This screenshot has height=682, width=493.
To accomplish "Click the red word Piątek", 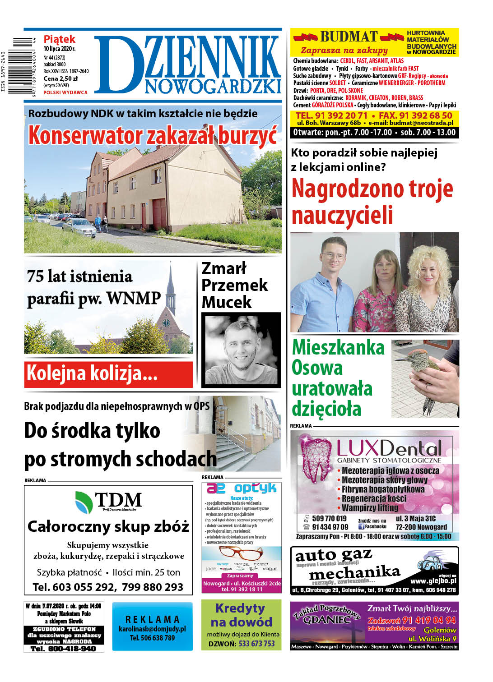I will [x=59, y=39].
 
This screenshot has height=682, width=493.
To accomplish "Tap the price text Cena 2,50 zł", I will [x=60, y=78].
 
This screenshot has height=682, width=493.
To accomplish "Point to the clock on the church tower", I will [x=166, y=323].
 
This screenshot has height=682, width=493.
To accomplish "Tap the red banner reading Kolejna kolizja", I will [x=108, y=374].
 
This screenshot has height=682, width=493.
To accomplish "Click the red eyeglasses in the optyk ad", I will [x=241, y=553].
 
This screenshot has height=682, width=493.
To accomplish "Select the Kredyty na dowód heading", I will [x=241, y=615].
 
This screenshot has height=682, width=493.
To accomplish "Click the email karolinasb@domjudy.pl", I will [x=152, y=628].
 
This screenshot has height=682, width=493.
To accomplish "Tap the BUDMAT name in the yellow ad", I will [x=349, y=37].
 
